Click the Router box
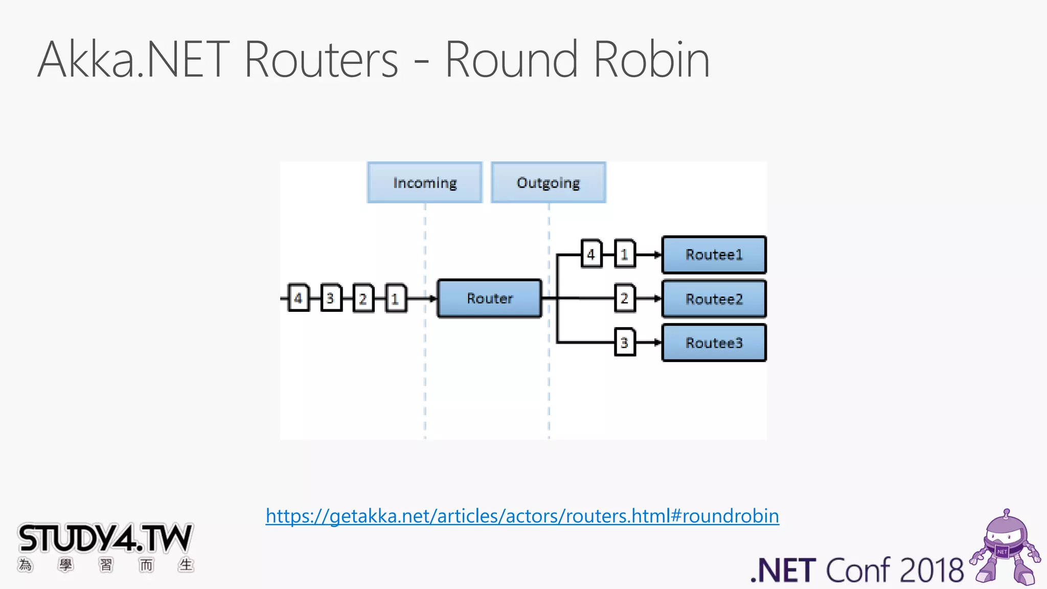coord(489,298)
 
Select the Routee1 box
coord(714,255)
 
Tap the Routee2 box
coord(714,299)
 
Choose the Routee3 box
coord(714,343)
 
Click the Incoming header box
coord(424,183)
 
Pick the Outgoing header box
coord(548,183)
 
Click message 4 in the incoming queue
coord(299,298)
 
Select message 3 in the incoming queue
coord(331,298)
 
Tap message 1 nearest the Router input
coord(395,298)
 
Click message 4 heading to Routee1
coord(591,254)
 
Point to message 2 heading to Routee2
coord(624,298)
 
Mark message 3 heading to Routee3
coord(624,343)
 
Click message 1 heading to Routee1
coord(624,254)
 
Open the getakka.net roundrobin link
coord(522,516)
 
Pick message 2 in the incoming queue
coord(363,298)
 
